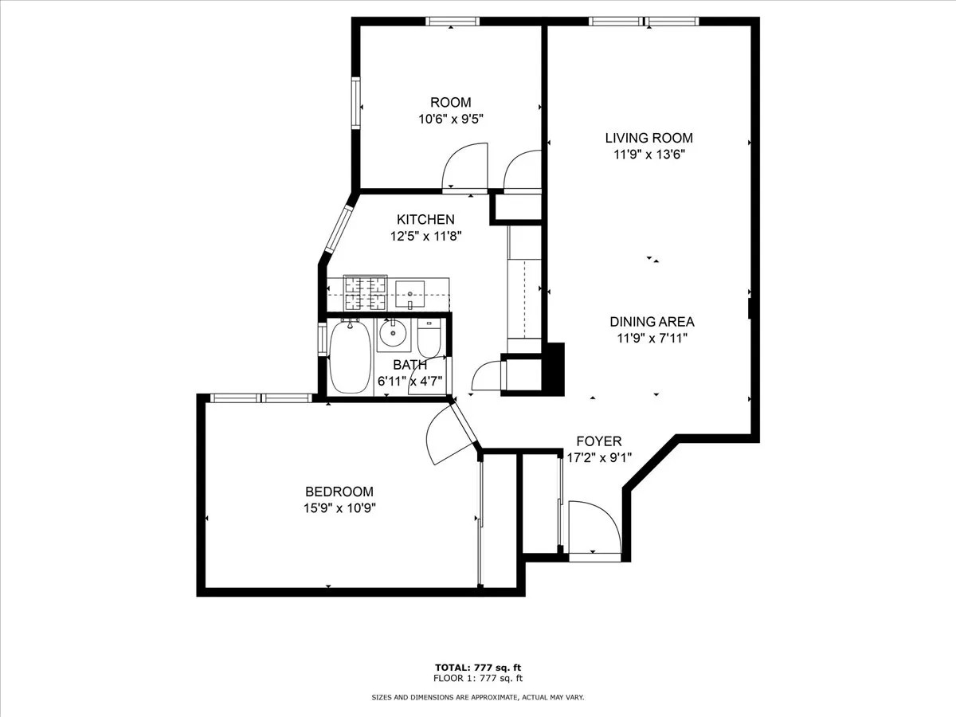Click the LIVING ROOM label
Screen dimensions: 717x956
coord(648,138)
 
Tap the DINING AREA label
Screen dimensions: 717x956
coord(652,322)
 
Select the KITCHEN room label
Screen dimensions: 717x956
coord(426,219)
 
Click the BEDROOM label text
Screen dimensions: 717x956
coord(339,492)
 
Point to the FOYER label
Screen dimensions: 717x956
coord(598,441)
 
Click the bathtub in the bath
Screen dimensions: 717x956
coord(348,356)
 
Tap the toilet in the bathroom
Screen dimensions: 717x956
coord(429,338)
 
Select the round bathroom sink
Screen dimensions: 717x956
coord(391,335)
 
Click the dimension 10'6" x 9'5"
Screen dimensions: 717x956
coord(451,119)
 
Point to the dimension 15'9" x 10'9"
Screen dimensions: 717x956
coord(339,508)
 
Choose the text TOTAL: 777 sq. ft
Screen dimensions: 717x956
coord(477,667)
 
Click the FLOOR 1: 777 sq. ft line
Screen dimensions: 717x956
coord(477,678)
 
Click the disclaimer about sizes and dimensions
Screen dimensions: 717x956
coord(477,697)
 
